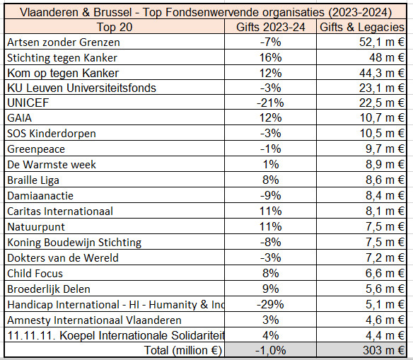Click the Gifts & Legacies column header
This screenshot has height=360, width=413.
(362, 27)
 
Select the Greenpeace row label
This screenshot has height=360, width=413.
(36, 149)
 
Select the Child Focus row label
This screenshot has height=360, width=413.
(35, 273)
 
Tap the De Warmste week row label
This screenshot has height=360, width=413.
(52, 165)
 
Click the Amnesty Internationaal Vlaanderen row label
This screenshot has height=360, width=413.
(83, 320)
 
